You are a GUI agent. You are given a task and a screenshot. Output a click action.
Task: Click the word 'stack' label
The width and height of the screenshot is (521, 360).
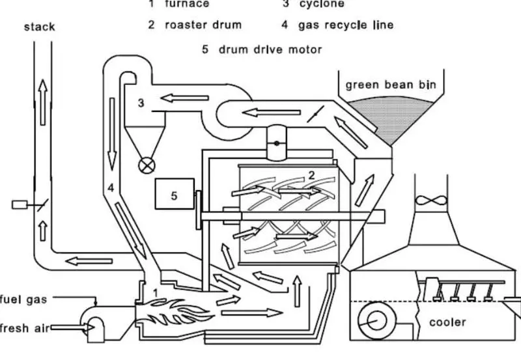[40, 27]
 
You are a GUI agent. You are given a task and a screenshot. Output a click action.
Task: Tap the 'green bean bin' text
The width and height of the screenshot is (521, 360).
[391, 85]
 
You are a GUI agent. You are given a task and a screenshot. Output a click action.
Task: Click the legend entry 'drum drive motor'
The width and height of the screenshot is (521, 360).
[270, 49]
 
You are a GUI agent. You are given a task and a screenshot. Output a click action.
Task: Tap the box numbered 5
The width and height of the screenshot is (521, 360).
[174, 195]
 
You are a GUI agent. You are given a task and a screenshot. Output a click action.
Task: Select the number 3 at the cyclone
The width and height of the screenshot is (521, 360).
[141, 103]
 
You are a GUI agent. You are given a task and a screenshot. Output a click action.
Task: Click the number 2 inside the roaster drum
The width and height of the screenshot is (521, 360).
[312, 174]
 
